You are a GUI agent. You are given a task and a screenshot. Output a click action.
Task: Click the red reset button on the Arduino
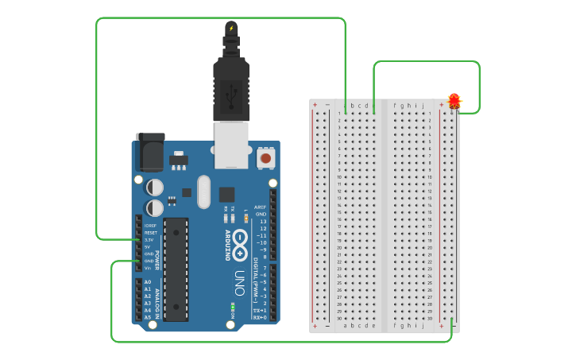[265, 159]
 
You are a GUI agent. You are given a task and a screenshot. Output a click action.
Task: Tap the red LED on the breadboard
[454, 101]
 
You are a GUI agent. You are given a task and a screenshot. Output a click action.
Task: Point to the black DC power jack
[150, 152]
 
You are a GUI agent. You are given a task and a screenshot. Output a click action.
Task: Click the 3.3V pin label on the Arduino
[149, 239]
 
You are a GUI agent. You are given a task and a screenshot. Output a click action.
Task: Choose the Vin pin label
[148, 268]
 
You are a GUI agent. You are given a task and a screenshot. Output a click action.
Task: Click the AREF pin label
[260, 207]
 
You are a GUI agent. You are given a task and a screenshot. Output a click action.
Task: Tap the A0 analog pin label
[148, 282]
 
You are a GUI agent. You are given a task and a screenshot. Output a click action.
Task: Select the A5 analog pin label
[148, 317]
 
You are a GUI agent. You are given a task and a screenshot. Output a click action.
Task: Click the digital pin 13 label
[261, 221]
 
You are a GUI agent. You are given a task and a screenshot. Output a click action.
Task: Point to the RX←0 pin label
[259, 317]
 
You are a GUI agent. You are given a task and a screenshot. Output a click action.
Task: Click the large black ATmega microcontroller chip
[176, 269]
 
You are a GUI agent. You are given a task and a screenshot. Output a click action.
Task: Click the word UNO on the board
[239, 281]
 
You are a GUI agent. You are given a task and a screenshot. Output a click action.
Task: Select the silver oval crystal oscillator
[204, 192]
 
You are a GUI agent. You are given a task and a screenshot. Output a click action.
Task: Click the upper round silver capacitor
[156, 187]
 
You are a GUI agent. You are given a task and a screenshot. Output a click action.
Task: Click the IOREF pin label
[150, 225]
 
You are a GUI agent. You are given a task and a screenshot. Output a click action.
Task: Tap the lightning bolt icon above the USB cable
[231, 29]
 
